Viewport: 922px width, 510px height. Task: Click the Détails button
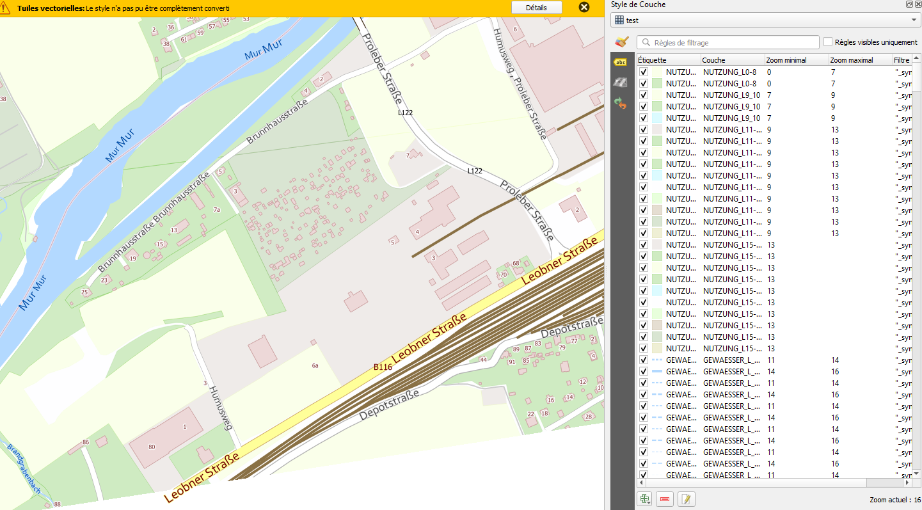tap(536, 8)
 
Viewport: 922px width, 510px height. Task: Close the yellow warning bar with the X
tap(584, 8)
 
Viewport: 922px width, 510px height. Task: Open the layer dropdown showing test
tap(765, 20)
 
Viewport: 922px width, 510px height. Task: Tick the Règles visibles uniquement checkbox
tap(828, 42)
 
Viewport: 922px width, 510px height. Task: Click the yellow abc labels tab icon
tap(620, 62)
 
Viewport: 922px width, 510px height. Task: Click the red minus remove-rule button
tap(665, 499)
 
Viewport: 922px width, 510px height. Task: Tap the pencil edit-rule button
tap(686, 499)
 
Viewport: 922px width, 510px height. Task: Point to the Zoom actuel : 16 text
tap(894, 500)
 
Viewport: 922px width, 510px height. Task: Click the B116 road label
tap(383, 367)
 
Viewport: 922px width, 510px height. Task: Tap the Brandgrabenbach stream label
tap(24, 469)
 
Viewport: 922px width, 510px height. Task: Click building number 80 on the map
tap(152, 447)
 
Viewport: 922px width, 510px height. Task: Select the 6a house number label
tap(315, 365)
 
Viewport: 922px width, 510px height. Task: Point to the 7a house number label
tap(217, 210)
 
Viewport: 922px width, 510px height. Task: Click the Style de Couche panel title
tap(638, 4)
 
